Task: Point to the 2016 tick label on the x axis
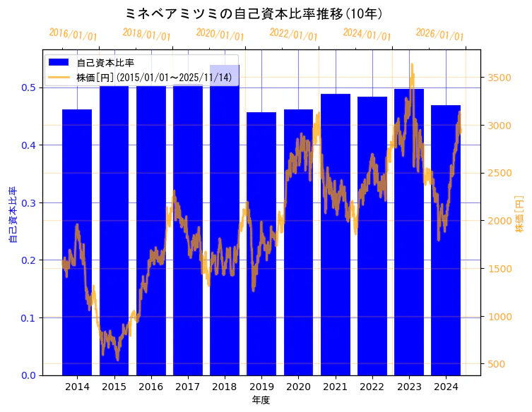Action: pyautogui.click(x=150, y=387)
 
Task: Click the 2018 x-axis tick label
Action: pyautogui.click(x=225, y=387)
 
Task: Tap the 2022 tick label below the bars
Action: pyautogui.click(x=372, y=387)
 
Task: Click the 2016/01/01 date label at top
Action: pyautogui.click(x=73, y=35)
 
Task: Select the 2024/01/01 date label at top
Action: pyautogui.click(x=367, y=35)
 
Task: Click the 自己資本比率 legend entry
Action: pyautogui.click(x=105, y=63)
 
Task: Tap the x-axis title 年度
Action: pyautogui.click(x=261, y=400)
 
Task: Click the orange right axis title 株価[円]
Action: pyautogui.click(x=520, y=213)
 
